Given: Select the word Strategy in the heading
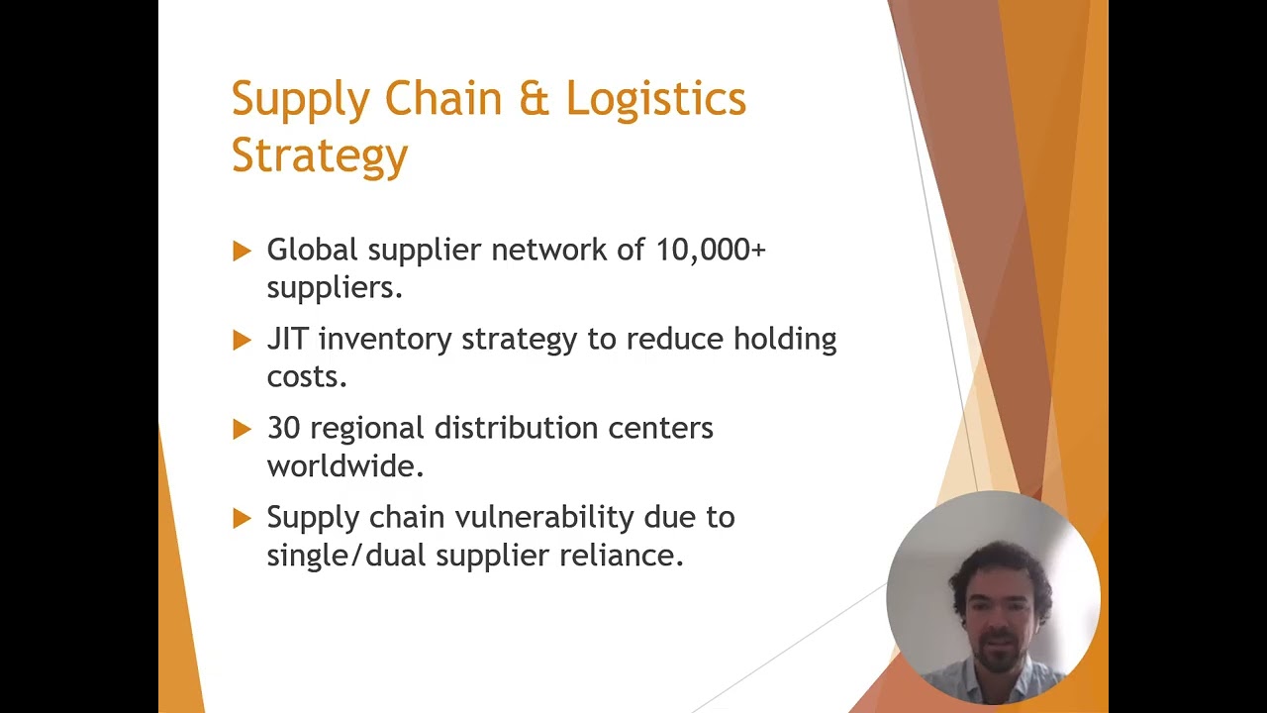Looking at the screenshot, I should pos(319,155).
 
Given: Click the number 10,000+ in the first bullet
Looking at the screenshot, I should pos(711,250).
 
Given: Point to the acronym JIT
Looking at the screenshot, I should pos(288,339).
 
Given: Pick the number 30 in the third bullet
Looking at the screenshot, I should pos(284,428).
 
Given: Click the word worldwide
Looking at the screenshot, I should pos(344,465).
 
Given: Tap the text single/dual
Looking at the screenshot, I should pos(346,556).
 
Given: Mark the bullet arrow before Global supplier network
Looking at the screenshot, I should pos(242,251).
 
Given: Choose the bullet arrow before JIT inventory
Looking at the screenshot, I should pos(242,340).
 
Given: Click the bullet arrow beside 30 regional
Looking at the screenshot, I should pos(242,429).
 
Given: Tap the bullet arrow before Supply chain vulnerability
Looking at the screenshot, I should pos(242,518).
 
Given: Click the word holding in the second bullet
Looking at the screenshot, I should pos(784,340).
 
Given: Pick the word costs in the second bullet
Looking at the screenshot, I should pos(306,377).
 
